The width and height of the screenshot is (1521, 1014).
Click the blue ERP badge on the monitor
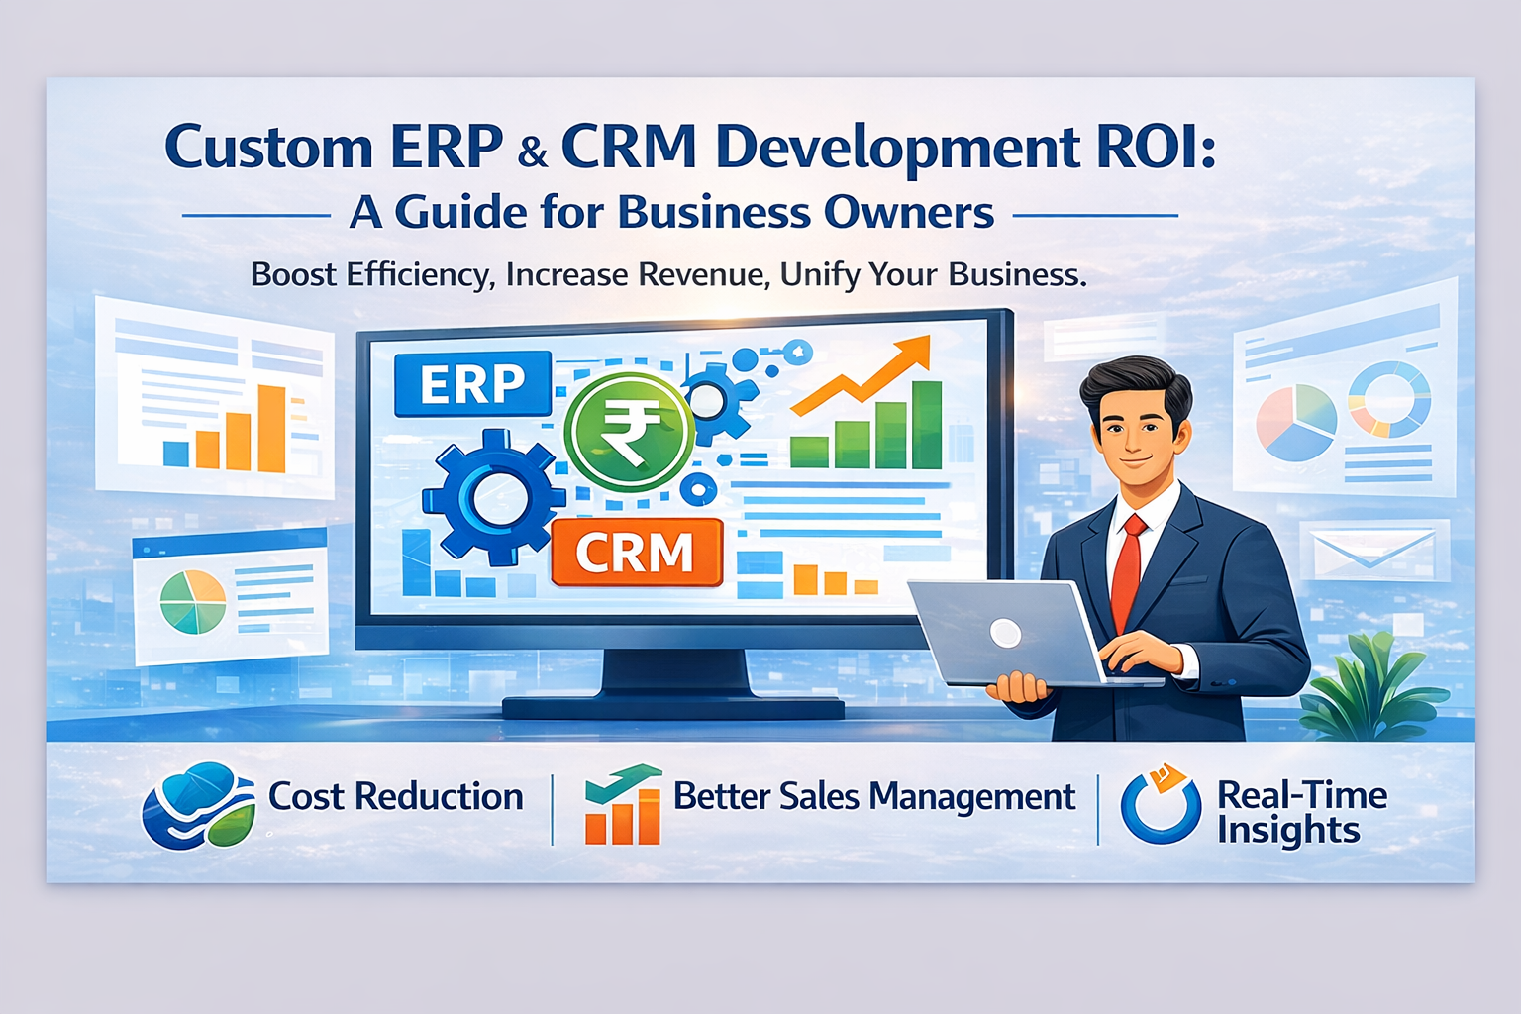(x=472, y=383)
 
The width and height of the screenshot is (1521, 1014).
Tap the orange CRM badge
(x=636, y=553)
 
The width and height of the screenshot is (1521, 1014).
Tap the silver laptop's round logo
(x=1005, y=633)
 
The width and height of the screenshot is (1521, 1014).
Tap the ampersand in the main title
(x=532, y=152)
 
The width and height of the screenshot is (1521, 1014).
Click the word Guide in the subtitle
(x=460, y=212)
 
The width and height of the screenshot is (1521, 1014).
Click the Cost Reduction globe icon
(x=199, y=804)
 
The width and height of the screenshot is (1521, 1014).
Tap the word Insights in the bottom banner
(x=1288, y=831)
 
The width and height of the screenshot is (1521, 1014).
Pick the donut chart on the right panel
(x=1389, y=398)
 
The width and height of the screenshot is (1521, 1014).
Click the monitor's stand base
(x=673, y=705)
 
